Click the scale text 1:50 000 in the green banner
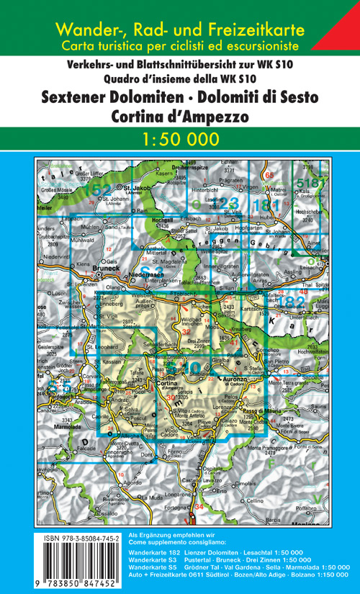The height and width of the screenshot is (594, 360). [x=180, y=138]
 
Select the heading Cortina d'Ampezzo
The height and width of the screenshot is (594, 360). [x=180, y=114]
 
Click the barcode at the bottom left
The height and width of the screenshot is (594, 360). [x=79, y=564]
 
